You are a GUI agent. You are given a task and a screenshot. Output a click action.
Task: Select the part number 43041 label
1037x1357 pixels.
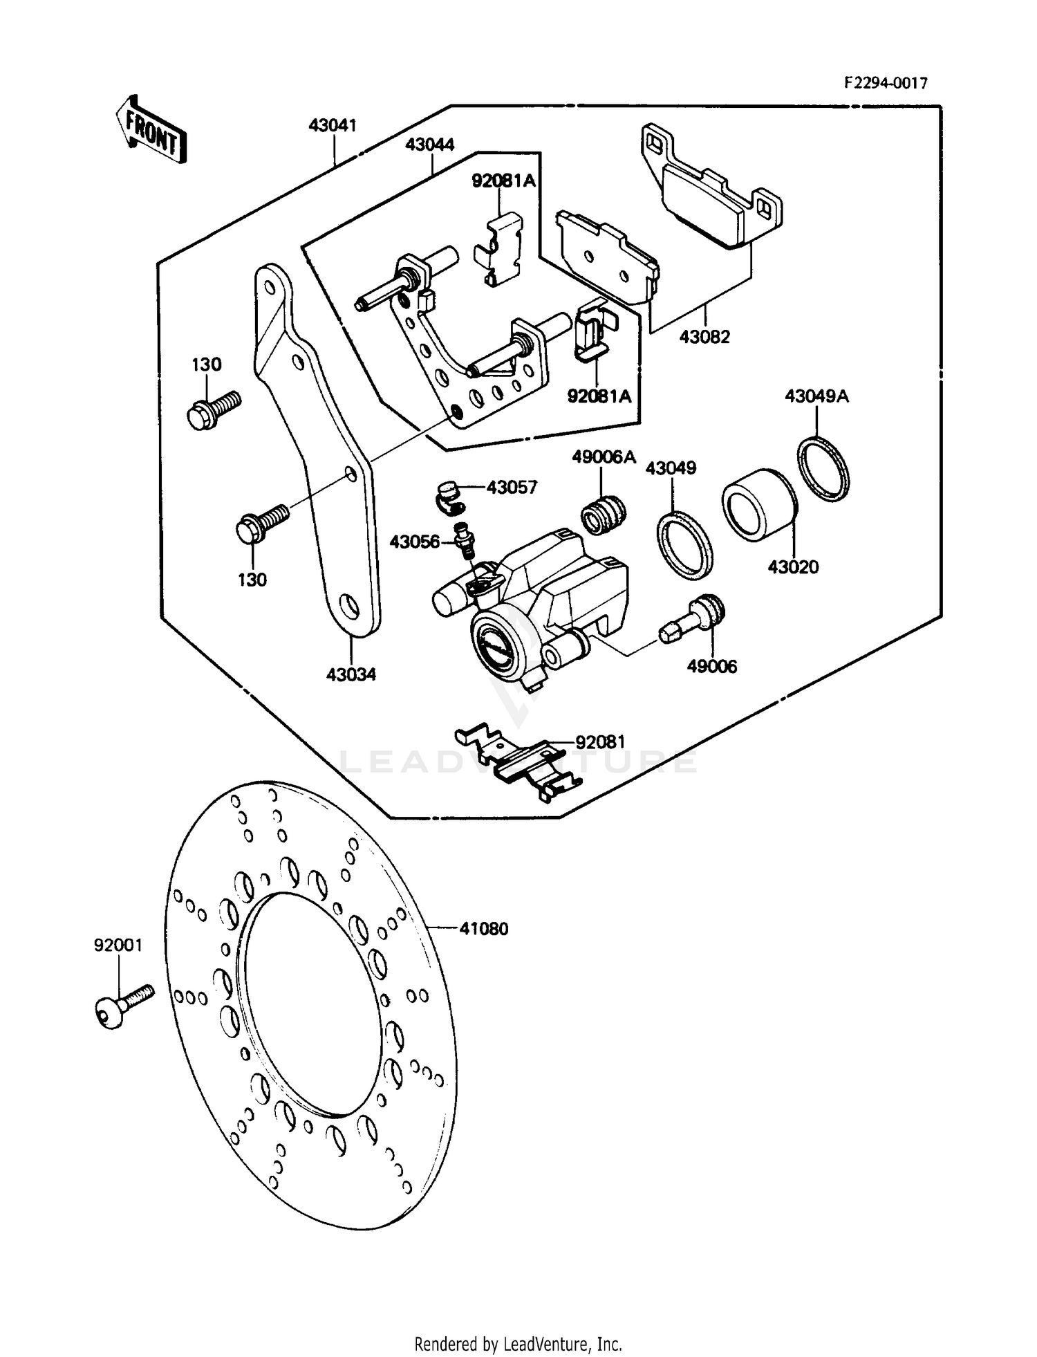333,125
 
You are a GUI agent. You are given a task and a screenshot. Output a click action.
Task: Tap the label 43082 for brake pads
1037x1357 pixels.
704,337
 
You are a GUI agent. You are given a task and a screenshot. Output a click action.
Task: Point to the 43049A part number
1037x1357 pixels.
816,396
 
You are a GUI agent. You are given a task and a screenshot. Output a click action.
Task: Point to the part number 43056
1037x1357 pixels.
414,542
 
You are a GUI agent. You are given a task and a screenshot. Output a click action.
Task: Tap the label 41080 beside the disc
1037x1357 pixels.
484,929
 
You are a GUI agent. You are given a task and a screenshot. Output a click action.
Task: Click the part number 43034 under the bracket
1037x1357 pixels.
351,674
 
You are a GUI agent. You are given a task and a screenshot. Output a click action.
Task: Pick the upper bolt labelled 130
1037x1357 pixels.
212,409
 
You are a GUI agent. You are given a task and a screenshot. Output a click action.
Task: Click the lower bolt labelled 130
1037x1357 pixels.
262,522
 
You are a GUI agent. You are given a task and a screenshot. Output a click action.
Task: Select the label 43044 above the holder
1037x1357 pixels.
430,145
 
